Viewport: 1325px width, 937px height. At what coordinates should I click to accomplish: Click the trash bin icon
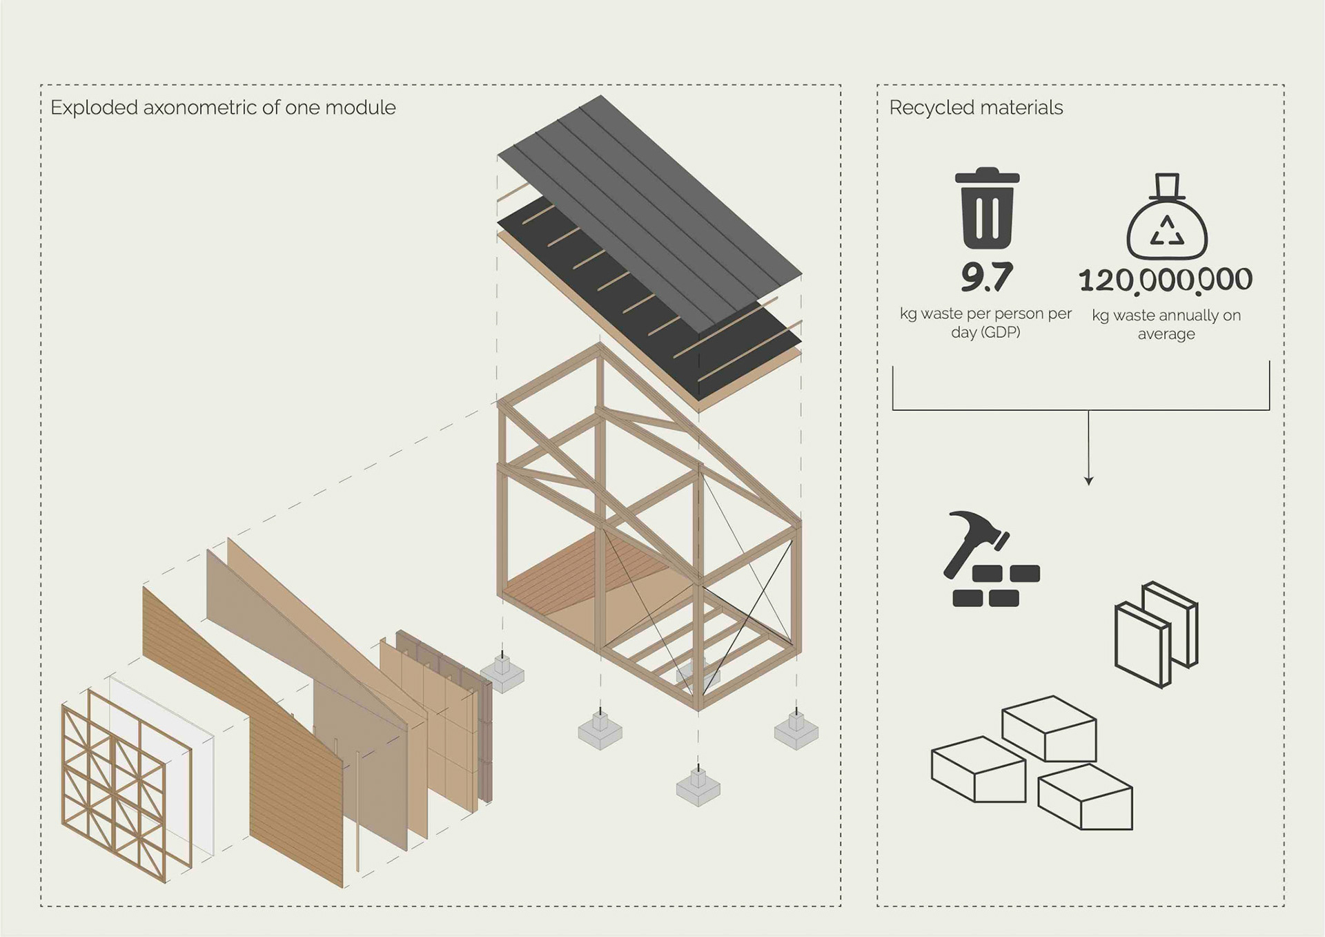coord(987,209)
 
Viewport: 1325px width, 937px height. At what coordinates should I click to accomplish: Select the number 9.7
coord(986,277)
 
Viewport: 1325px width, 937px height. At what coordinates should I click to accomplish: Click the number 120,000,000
coord(1166,280)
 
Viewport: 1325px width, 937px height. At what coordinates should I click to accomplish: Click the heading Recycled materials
coord(975,108)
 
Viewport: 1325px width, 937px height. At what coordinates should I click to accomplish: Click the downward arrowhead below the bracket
coord(1088,480)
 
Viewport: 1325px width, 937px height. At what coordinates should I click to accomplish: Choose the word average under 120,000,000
coord(1166,334)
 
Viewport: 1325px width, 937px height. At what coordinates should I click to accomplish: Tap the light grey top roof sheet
coord(662,207)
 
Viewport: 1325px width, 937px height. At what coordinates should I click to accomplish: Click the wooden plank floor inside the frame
coord(587,573)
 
